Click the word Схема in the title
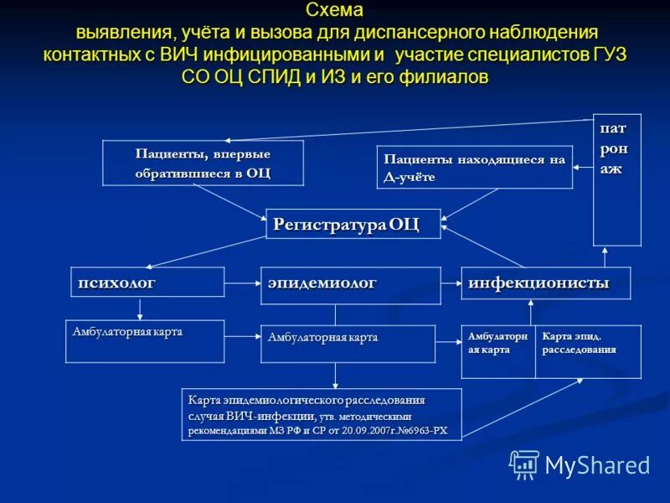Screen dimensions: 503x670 point(335,11)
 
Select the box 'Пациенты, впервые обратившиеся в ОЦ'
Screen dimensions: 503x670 point(203,163)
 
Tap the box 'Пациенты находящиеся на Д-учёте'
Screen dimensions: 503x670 point(474,167)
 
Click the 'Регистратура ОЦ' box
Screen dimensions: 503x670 point(353,224)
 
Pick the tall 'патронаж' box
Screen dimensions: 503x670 point(617,179)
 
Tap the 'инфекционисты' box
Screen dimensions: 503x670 point(545,283)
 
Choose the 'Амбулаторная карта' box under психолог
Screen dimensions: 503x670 point(145,341)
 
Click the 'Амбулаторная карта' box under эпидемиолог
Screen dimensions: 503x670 point(348,344)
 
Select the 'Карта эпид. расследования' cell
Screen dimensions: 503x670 point(588,351)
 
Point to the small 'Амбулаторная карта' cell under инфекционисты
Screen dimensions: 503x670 point(498,351)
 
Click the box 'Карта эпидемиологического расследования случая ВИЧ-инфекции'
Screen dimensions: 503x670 point(321,414)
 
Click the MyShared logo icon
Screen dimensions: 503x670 point(524,464)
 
